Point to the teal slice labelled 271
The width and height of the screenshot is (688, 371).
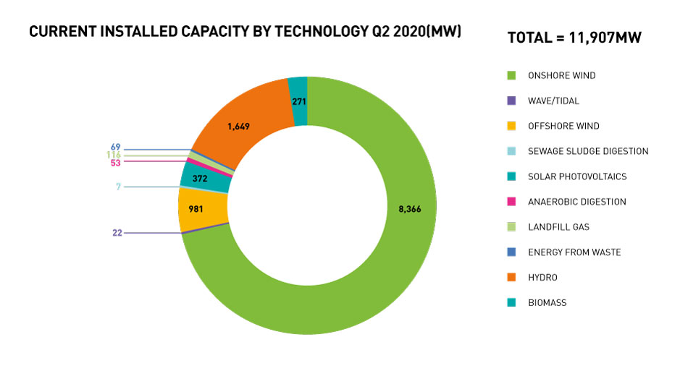point(298,102)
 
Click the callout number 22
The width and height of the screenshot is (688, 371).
point(117,233)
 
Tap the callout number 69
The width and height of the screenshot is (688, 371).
point(115,147)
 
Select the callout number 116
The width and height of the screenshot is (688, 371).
point(113,155)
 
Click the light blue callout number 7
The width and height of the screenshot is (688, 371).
point(118,187)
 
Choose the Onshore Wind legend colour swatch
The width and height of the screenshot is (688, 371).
point(511,75)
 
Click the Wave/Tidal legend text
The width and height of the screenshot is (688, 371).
point(553,101)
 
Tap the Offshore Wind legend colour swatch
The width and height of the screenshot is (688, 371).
point(511,126)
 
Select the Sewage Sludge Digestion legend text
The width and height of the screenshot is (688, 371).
point(588,151)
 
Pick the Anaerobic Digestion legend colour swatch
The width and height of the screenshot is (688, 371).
point(511,202)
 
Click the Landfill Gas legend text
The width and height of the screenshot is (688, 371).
point(558,227)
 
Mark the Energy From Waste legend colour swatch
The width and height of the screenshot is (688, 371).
point(511,252)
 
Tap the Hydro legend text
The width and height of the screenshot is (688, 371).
point(542,278)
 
